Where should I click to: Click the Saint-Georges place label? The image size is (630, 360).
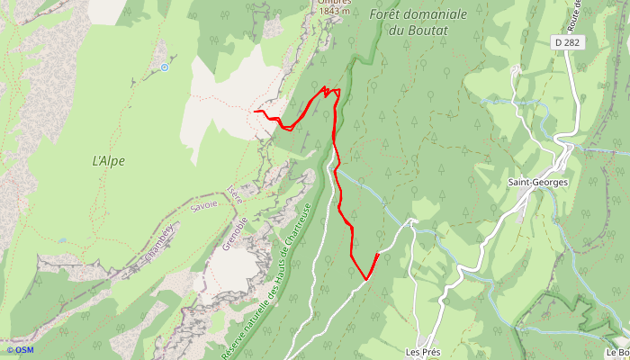pyautogui.click(x=537, y=182)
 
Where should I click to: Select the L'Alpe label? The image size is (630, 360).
pyautogui.click(x=108, y=161)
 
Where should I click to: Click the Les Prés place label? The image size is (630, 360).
pyautogui.click(x=422, y=351)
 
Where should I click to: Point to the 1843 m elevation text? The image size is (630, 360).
pyautogui.click(x=332, y=12)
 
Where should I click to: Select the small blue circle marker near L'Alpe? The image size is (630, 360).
pyautogui.click(x=164, y=67)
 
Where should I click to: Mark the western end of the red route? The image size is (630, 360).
pyautogui.click(x=256, y=112)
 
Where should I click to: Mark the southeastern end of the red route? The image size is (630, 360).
pyautogui.click(x=376, y=256)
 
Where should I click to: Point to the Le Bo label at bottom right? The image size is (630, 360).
pyautogui.click(x=616, y=352)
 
